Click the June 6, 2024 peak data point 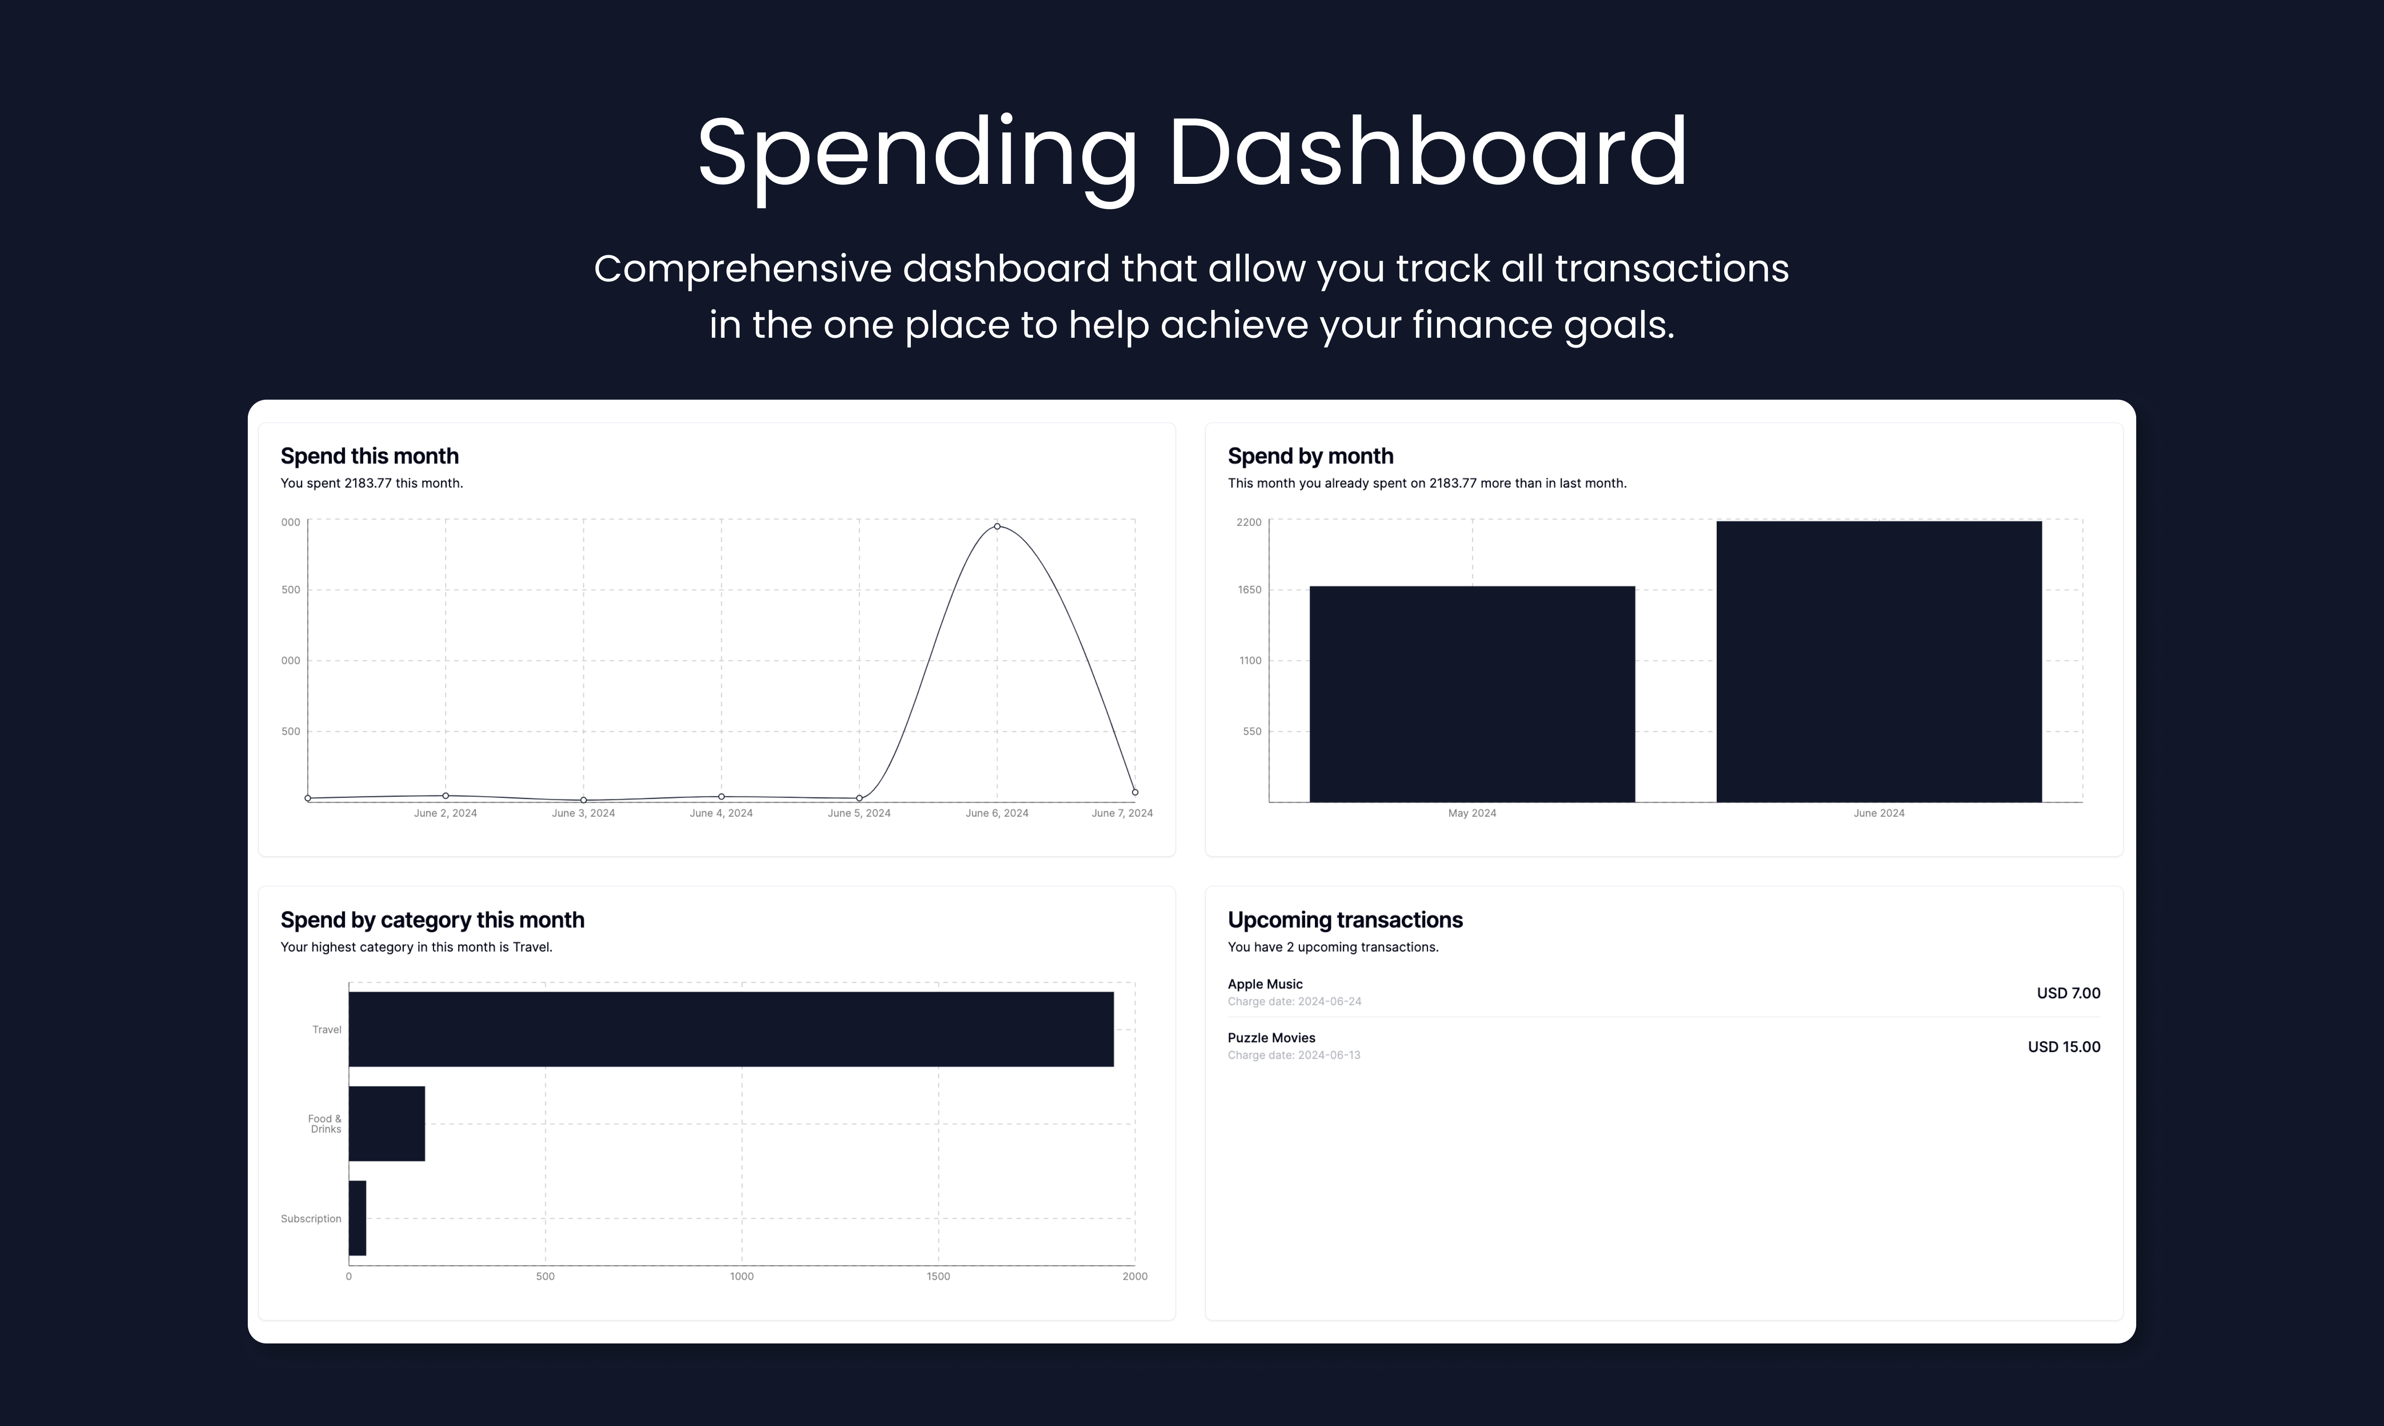(997, 527)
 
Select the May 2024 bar (1472, 694)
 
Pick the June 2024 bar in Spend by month (1879, 661)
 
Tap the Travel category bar (731, 1029)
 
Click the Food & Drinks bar (386, 1123)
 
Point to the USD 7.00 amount (2068, 993)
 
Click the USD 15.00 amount (2064, 1047)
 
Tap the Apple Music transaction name (1265, 984)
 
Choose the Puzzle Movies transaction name (1271, 1038)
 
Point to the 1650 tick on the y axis (1250, 590)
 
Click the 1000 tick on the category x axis (741, 1276)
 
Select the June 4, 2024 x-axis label (721, 813)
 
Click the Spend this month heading (369, 456)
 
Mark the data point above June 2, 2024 (445, 796)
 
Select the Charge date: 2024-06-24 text (1294, 1001)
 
